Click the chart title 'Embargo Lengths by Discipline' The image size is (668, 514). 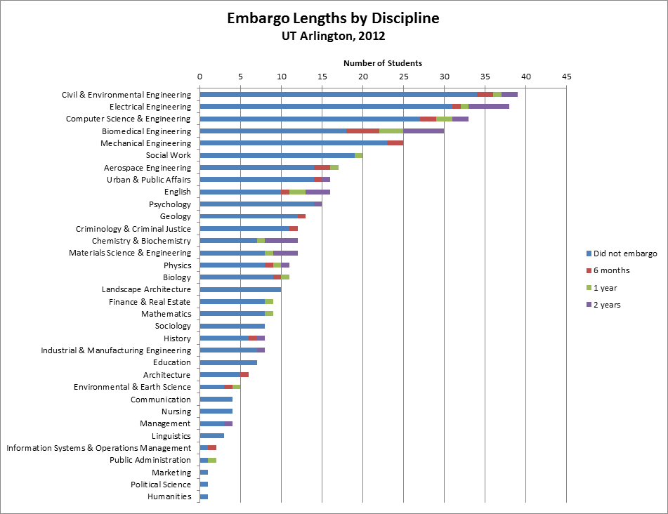[x=333, y=18]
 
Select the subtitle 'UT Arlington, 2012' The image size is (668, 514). [x=333, y=36]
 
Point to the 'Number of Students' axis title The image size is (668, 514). [x=382, y=63]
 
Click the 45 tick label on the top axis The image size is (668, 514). [x=567, y=76]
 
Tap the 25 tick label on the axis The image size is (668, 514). [x=403, y=76]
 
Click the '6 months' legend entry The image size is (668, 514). [x=611, y=270]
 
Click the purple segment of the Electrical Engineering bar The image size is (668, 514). [x=489, y=107]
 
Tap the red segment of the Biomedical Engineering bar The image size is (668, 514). [x=362, y=131]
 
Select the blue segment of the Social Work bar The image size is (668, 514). [x=277, y=155]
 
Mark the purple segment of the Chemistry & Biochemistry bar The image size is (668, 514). [x=281, y=241]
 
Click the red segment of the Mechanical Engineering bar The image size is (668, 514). [x=395, y=143]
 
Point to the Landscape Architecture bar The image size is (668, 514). [x=240, y=289]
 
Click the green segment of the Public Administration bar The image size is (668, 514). [x=211, y=460]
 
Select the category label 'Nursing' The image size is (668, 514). [x=176, y=411]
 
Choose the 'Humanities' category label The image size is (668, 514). [x=169, y=496]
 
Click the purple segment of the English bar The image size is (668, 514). [x=317, y=192]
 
